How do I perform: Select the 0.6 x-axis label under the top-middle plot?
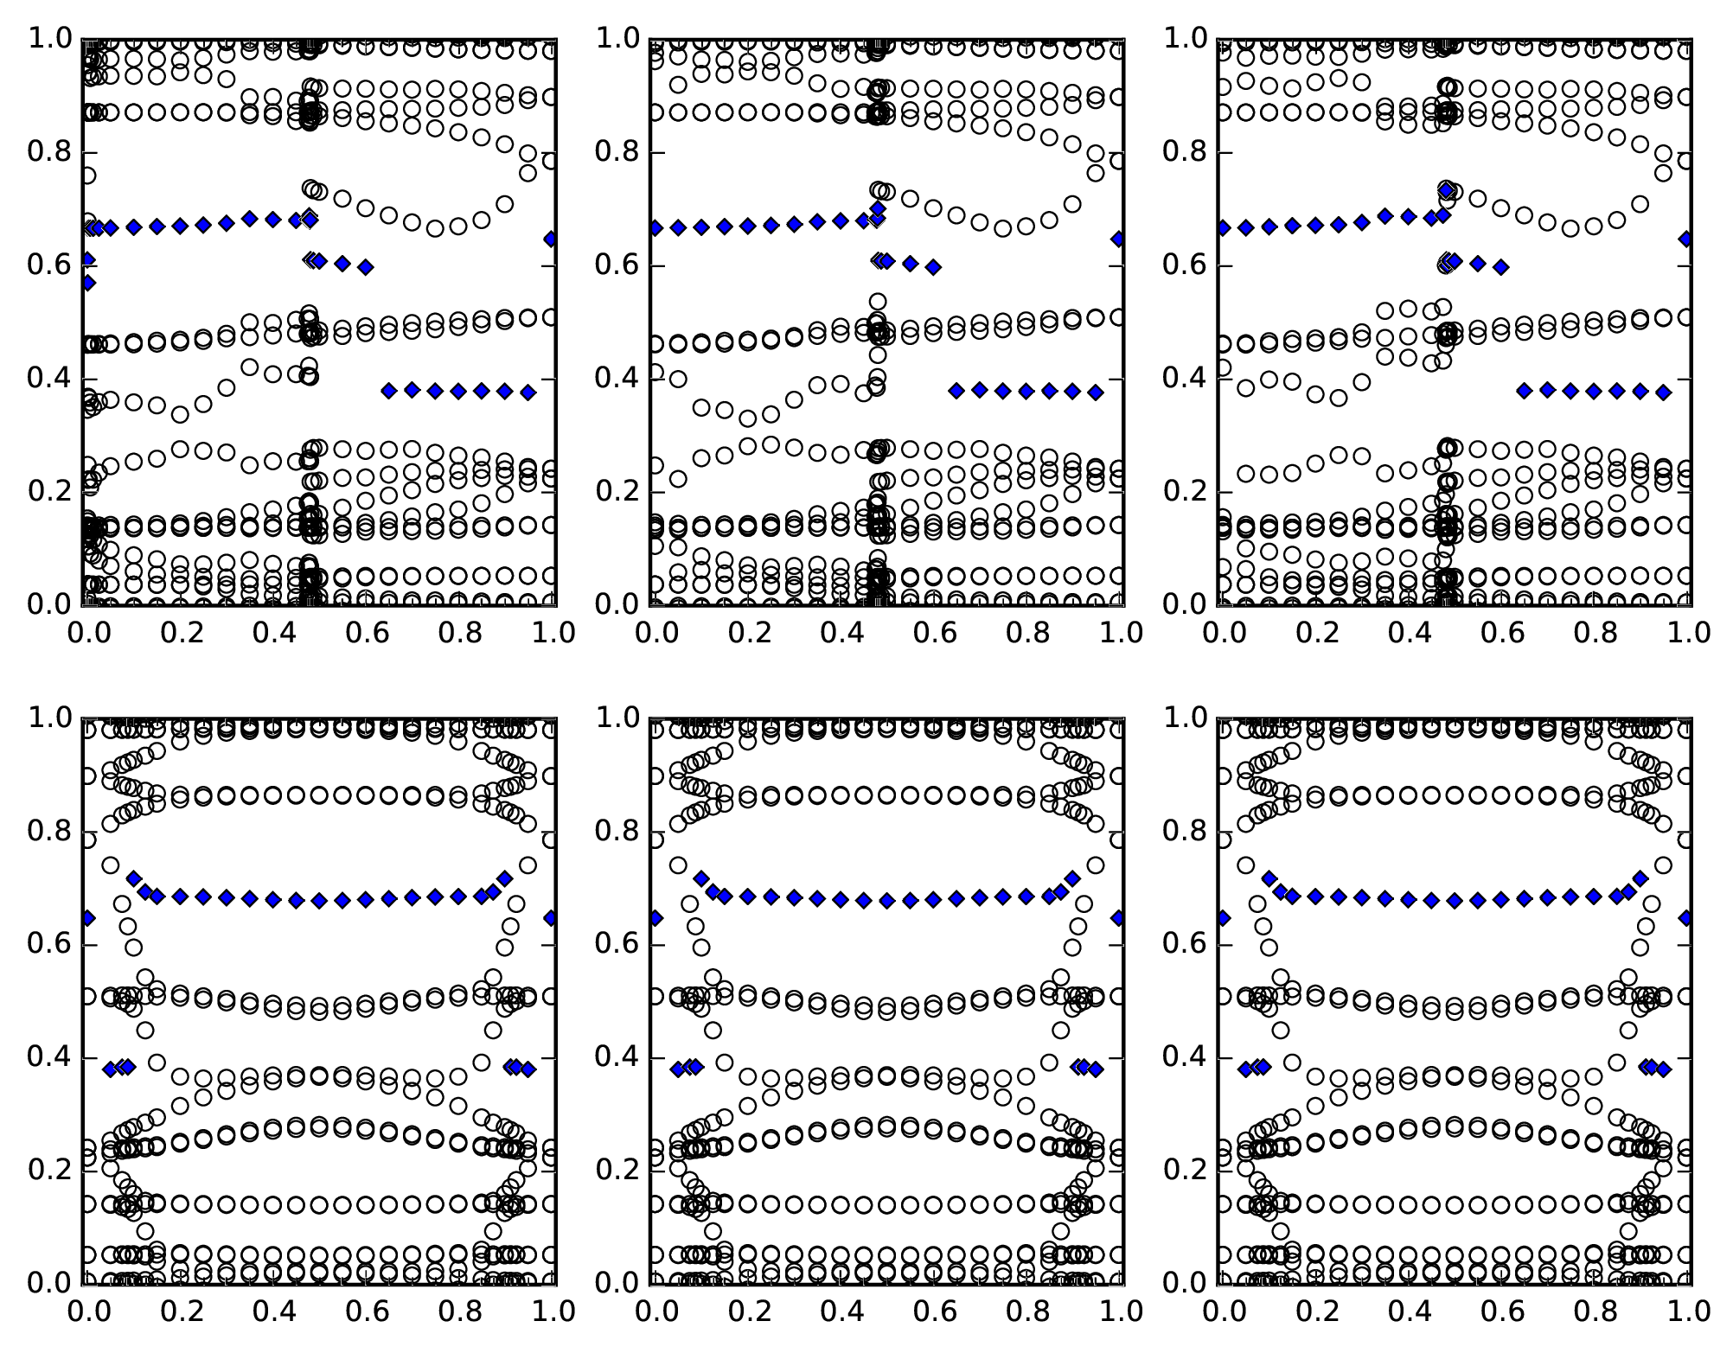click(932, 633)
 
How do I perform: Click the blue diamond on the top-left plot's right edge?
click(551, 239)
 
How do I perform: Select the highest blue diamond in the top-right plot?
click(1446, 188)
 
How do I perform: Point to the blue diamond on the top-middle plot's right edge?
click(1118, 239)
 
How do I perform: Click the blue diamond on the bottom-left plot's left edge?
click(87, 917)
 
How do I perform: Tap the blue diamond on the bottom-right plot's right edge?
click(1685, 917)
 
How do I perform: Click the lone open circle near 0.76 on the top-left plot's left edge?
click(87, 176)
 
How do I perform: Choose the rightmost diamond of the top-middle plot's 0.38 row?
click(1096, 392)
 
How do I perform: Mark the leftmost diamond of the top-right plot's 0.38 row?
click(1525, 391)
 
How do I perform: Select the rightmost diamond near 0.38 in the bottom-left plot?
click(528, 1069)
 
